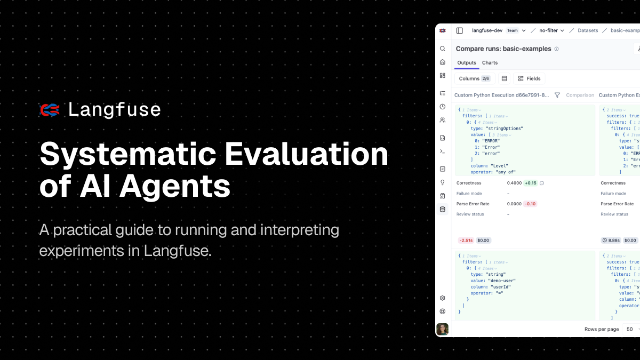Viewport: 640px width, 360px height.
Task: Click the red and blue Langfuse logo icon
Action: pos(50,110)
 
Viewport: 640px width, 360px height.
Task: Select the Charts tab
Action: pos(490,63)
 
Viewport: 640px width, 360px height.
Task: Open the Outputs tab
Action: pos(467,63)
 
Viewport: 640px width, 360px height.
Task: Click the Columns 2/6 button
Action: pos(474,78)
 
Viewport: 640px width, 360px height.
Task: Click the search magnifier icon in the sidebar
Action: pos(442,49)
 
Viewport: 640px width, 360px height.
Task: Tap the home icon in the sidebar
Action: pos(442,62)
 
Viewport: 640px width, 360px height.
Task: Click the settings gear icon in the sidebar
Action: pos(442,298)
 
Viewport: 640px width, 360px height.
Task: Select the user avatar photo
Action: pos(442,329)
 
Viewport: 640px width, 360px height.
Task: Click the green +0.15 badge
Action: pos(531,183)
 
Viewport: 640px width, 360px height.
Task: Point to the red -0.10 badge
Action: pos(530,204)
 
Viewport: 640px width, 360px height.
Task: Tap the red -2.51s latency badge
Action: pos(466,241)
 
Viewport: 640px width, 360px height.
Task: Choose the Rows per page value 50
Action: pos(630,329)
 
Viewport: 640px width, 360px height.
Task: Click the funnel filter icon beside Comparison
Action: pos(557,95)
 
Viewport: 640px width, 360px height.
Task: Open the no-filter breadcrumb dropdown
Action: pos(551,30)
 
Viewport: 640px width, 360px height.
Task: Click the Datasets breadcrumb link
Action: pos(588,30)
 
